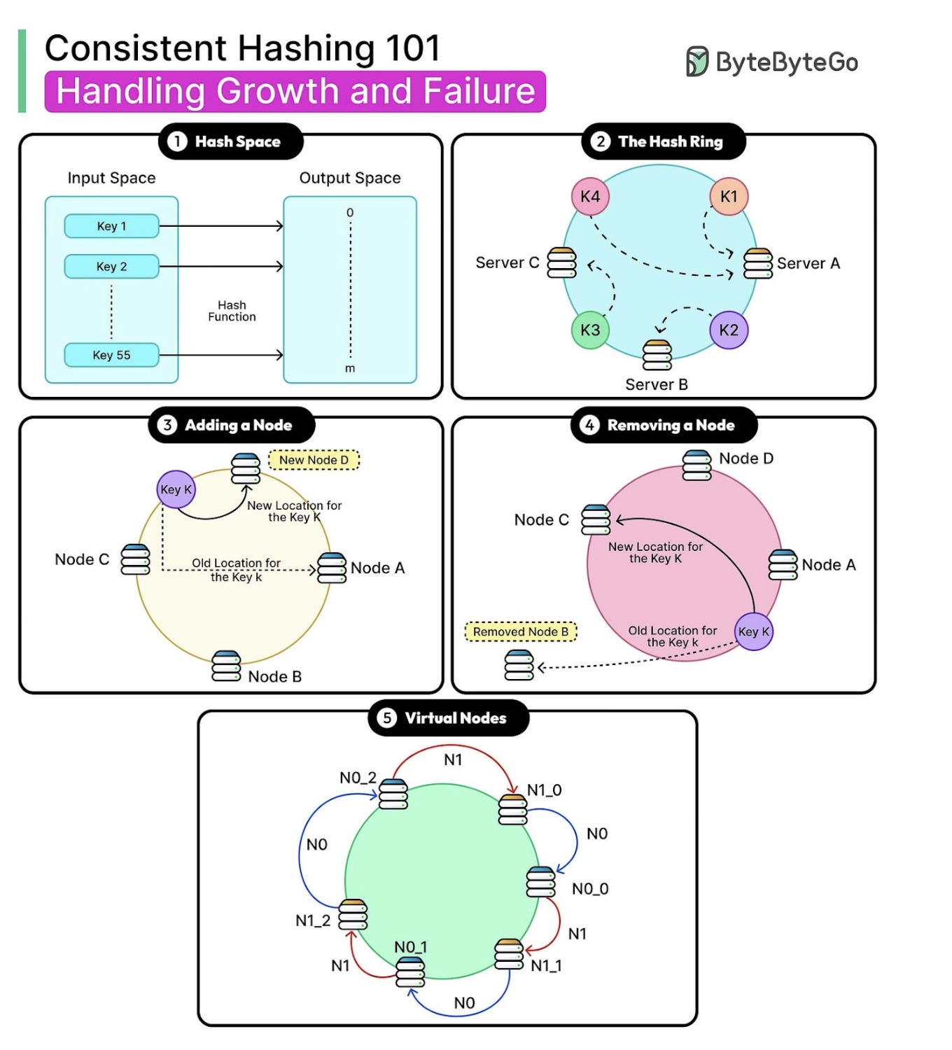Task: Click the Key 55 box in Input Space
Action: tap(111, 355)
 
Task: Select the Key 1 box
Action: tap(111, 226)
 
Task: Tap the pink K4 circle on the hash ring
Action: tap(590, 197)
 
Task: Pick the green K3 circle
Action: tap(590, 330)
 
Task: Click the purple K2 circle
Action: tap(729, 330)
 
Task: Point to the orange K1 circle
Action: tap(729, 197)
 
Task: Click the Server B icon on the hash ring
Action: tap(657, 355)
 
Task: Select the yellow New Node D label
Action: tap(314, 460)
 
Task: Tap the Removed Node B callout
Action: tap(521, 631)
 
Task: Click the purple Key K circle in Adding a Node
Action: tap(176, 489)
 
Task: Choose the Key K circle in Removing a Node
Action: tap(754, 631)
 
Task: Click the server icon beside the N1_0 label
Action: tap(512, 809)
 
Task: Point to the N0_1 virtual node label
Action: tap(411, 947)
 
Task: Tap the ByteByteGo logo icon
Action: tap(696, 62)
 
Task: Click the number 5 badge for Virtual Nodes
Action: tap(386, 718)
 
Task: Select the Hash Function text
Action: tap(232, 311)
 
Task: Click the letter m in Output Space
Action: tap(350, 369)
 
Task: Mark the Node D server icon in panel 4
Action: tap(696, 465)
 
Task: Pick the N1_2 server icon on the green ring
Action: tap(353, 914)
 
